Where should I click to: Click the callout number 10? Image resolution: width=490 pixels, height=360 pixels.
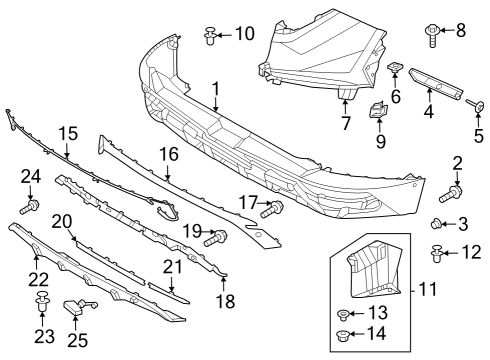245,34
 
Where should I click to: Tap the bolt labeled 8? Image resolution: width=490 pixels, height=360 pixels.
432,35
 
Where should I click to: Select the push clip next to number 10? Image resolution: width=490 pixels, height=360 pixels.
210,36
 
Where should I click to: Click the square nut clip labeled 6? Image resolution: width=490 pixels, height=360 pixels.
394,67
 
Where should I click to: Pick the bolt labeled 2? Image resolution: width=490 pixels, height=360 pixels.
451,194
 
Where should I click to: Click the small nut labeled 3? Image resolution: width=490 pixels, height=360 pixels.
437,223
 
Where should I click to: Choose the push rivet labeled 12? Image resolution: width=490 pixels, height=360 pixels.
437,253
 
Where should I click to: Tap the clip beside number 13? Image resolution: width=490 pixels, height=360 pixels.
343,315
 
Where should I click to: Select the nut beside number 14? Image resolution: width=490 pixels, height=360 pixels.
342,335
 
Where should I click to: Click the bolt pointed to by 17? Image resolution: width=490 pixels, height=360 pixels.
272,209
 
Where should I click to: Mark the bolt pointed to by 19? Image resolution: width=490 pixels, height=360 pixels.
216,238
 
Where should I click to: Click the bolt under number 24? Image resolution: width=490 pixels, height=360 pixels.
30,207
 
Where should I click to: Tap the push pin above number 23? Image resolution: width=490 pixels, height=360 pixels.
43,301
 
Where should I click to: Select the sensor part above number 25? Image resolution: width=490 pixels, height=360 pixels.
79,306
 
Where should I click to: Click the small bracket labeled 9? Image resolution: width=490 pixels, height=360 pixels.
378,110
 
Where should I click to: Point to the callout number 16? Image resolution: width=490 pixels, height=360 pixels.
169,155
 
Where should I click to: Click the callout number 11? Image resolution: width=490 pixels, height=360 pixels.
428,289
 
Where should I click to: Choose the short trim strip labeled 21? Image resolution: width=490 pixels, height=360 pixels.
169,293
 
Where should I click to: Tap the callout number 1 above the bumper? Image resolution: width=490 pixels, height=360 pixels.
216,89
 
